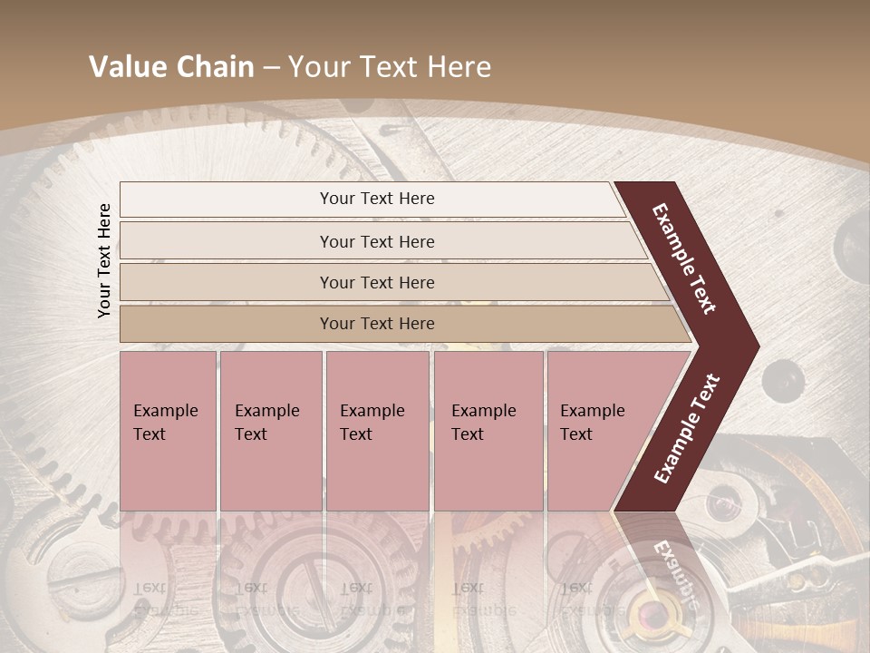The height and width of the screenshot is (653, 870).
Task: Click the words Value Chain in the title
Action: coord(171,67)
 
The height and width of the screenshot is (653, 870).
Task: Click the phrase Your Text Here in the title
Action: coord(390,67)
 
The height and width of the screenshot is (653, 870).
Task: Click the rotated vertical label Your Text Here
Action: coord(104,260)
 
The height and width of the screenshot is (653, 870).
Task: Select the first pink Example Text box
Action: coord(168,431)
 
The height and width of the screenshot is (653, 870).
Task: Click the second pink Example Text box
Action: coord(270,431)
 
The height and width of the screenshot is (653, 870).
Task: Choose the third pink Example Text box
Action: coord(377,431)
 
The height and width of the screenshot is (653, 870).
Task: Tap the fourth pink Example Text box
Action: coord(488,431)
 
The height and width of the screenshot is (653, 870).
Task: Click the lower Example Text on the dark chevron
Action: coord(687,428)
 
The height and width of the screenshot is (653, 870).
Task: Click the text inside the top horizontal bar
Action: coord(377,199)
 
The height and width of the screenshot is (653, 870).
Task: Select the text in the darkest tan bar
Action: coord(377,324)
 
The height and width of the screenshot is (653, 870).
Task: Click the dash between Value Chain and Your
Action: coord(270,68)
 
